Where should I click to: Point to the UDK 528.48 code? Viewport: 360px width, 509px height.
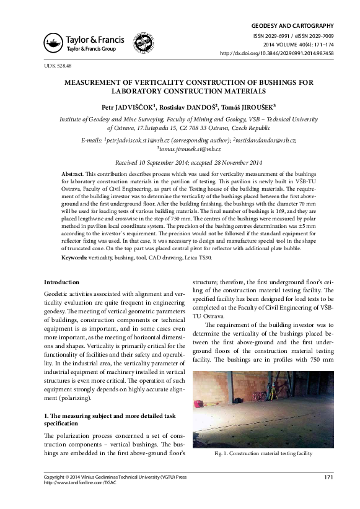(58, 65)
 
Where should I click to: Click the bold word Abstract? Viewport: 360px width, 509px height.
(75, 173)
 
